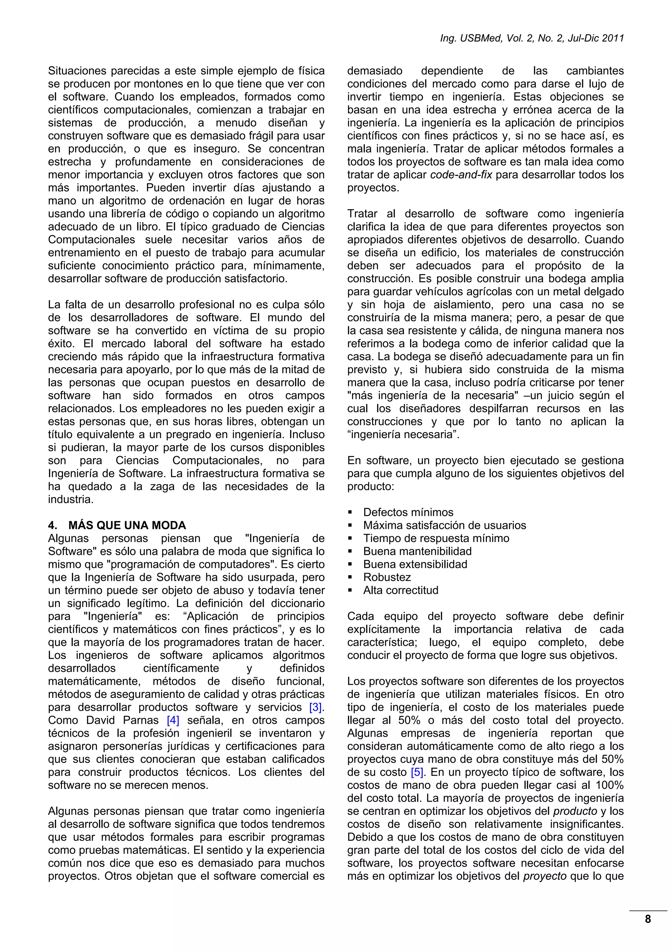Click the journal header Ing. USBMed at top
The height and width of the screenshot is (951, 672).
tap(532, 38)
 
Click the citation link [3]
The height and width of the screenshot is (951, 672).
tap(316, 707)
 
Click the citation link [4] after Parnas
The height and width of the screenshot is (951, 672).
tap(173, 720)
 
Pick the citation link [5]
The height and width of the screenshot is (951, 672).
tap(416, 772)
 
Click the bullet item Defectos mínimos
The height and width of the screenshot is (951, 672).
tap(408, 512)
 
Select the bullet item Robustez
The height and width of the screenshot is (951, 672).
tap(387, 577)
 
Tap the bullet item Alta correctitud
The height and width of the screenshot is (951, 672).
tap(400, 590)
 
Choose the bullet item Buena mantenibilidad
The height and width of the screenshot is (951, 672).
tap(417, 551)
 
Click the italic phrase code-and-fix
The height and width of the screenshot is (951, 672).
tap(461, 175)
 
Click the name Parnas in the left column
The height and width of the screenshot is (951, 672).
tap(141, 720)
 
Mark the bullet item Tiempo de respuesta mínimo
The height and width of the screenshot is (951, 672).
tap(436, 538)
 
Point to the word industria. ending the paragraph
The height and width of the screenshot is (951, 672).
tap(71, 499)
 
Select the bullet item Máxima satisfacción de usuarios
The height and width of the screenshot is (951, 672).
tap(444, 525)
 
